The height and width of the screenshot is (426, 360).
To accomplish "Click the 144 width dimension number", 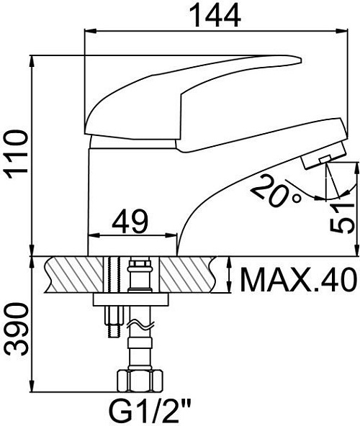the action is tap(215, 16).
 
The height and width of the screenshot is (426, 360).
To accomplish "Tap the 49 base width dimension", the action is tap(130, 222).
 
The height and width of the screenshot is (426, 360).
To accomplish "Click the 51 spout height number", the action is tap(342, 217).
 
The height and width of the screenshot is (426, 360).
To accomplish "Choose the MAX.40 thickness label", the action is tap(298, 279).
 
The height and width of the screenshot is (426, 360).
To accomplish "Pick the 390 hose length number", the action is tap(17, 330).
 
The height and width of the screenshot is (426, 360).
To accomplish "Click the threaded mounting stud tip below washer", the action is tap(114, 330).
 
